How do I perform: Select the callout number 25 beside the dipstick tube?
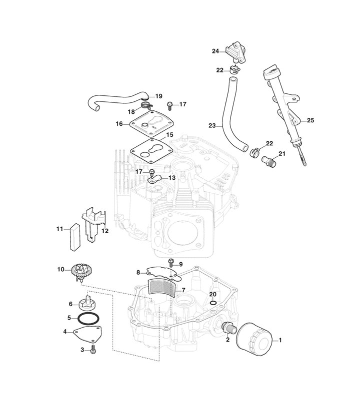[x=310, y=120]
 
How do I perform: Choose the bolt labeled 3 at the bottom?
[x=93, y=351]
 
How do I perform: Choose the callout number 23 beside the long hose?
[x=211, y=126]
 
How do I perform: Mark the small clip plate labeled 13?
[x=156, y=178]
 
